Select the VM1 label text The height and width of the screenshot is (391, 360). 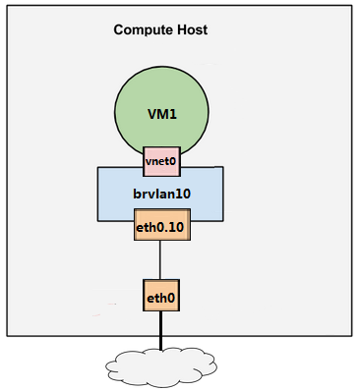click(x=160, y=113)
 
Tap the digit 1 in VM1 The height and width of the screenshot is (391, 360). click(x=174, y=113)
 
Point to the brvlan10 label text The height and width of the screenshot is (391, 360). click(x=160, y=195)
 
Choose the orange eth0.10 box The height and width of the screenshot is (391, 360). click(x=160, y=229)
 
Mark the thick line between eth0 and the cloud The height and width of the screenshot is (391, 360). click(x=160, y=329)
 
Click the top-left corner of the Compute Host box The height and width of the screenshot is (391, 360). click(x=8, y=6)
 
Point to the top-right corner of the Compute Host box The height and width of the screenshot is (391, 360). click(x=352, y=6)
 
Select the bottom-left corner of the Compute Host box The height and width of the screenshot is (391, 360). click(x=8, y=335)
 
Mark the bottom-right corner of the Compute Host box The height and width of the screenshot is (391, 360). click(x=352, y=335)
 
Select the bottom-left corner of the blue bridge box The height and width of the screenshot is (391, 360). click(x=97, y=220)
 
